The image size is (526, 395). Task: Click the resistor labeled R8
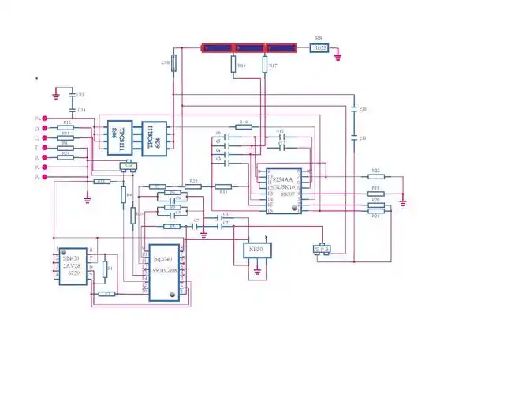pyautogui.click(x=319, y=48)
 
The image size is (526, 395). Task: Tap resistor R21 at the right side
pyautogui.click(x=376, y=210)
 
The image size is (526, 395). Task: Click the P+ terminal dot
pyautogui.click(x=44, y=118)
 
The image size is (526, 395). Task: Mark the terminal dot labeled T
pyautogui.click(x=44, y=148)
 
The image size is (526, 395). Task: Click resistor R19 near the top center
pyautogui.click(x=244, y=126)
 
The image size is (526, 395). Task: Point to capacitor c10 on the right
pyautogui.click(x=353, y=110)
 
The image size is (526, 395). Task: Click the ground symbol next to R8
pyautogui.click(x=338, y=55)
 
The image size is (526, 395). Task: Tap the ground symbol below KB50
pyautogui.click(x=257, y=275)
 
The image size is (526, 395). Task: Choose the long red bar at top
pyautogui.click(x=248, y=48)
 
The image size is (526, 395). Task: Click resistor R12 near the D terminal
pyautogui.click(x=67, y=127)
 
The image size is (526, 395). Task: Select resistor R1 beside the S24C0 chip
pyautogui.click(x=109, y=269)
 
